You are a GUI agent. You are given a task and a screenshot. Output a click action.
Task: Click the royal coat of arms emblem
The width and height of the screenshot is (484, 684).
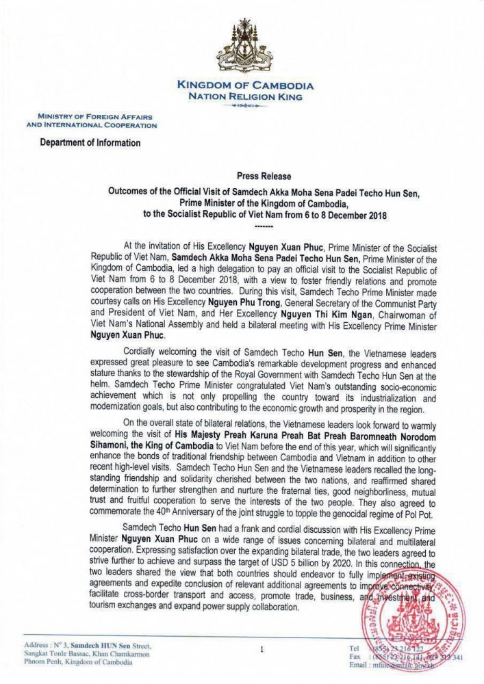coord(244,51)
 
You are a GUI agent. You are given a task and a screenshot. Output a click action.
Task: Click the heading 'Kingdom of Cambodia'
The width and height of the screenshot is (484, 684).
coord(244,86)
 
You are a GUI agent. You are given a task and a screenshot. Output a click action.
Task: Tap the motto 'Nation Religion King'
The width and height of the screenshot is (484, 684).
coord(244,97)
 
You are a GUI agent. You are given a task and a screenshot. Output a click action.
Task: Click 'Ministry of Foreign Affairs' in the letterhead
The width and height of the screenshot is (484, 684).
coord(91,118)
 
